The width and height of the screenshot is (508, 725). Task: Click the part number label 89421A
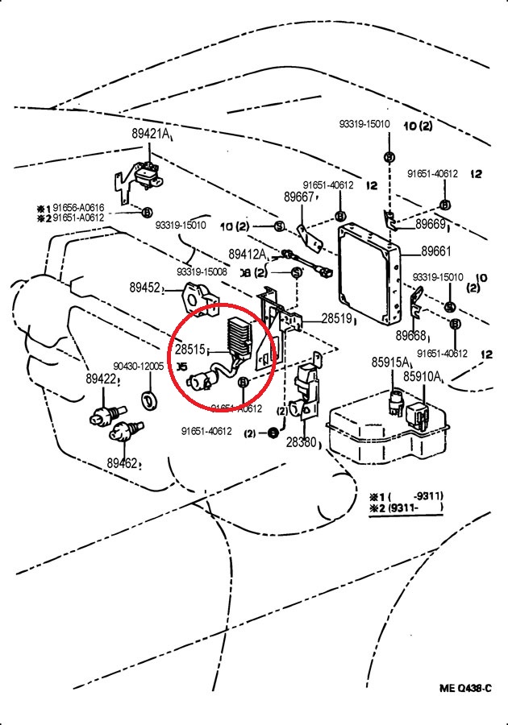click(150, 134)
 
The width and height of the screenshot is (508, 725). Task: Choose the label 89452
click(145, 287)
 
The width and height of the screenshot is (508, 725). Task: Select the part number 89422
click(102, 379)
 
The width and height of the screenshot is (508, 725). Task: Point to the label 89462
click(122, 463)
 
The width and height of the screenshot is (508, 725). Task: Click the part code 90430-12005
click(138, 367)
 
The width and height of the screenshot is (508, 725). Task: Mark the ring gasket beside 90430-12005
click(148, 398)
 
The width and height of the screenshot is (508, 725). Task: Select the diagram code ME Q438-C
click(464, 688)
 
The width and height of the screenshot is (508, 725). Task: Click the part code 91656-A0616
click(78, 207)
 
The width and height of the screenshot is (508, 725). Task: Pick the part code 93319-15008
click(202, 271)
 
